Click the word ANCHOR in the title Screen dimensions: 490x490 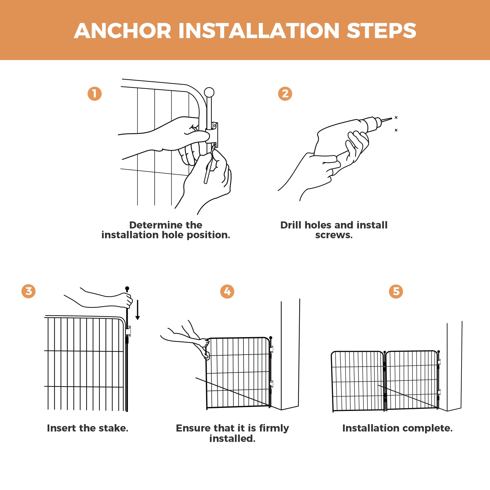tap(123, 31)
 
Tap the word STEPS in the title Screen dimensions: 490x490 tap(381, 31)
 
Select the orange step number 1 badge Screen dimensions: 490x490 tap(95, 94)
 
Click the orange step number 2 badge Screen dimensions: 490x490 tap(285, 94)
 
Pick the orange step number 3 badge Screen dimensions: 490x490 tap(28, 291)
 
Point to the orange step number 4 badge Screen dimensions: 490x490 tap(227, 291)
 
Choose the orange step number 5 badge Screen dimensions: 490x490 tap(396, 291)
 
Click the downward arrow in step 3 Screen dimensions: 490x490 tap(138, 310)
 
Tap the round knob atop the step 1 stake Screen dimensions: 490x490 tap(209, 92)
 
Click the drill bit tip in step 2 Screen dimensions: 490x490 tap(391, 119)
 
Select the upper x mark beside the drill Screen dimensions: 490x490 tap(396, 117)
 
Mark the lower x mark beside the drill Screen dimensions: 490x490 tap(396, 130)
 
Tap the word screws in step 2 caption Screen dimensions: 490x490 tap(334, 235)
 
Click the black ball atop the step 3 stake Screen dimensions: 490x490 tap(127, 288)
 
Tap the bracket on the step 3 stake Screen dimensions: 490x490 tap(128, 331)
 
